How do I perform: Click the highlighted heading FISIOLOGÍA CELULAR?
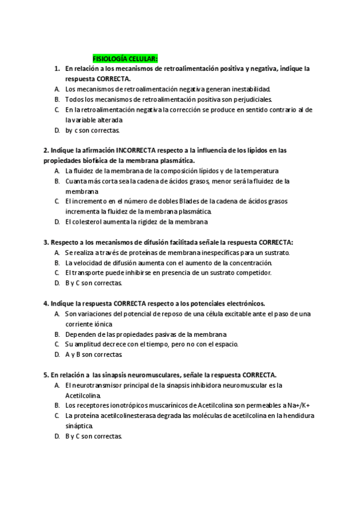point(124,59)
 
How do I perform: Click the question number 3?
point(46,242)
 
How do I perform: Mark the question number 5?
point(46,375)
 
